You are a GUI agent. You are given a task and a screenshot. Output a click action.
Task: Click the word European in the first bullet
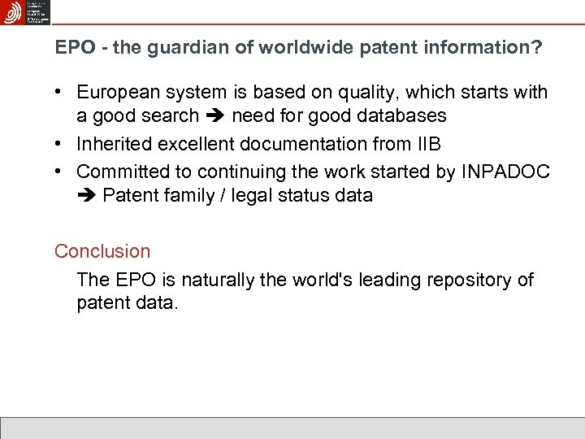click(x=116, y=93)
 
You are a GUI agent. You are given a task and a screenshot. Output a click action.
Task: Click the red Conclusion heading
click(x=102, y=251)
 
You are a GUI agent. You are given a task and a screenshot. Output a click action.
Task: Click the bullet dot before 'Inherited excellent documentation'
click(x=61, y=145)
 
